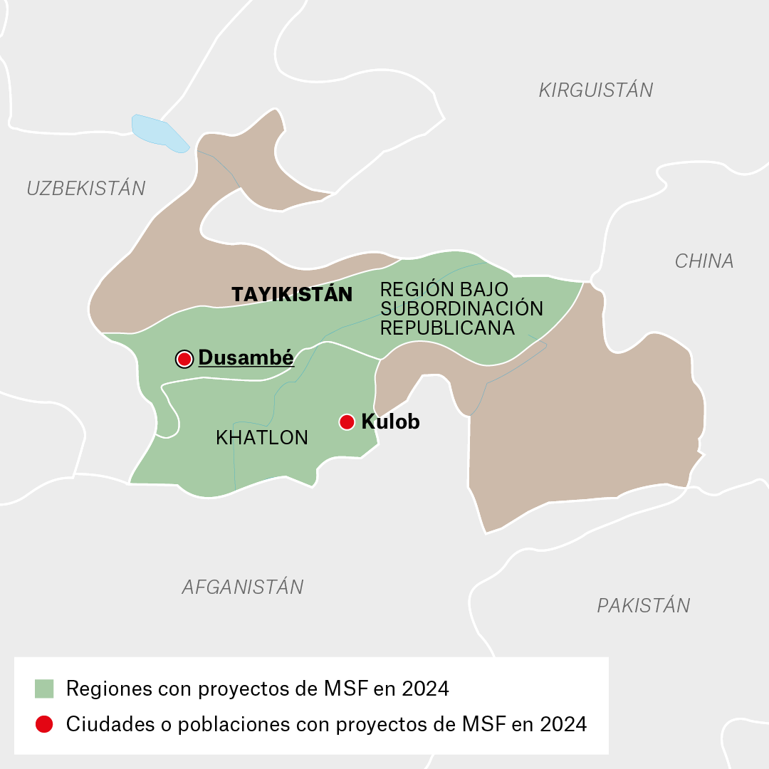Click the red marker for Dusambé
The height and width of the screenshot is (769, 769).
[x=184, y=359]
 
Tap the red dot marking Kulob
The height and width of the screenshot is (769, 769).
[x=347, y=422]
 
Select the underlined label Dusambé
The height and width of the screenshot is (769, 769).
[x=246, y=358]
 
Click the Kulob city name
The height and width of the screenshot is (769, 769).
[x=390, y=422]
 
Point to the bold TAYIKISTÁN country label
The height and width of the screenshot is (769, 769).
[x=292, y=295]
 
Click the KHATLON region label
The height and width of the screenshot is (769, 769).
[x=261, y=438]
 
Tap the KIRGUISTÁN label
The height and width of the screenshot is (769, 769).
[x=595, y=90]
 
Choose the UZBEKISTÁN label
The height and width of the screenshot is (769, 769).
[x=86, y=189]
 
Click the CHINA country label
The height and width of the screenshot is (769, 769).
[x=703, y=261]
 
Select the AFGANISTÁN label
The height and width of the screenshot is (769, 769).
[x=243, y=587]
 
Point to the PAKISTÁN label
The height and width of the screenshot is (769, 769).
[x=643, y=606]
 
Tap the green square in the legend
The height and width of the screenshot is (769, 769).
[x=44, y=689]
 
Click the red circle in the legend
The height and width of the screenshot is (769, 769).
[x=44, y=725]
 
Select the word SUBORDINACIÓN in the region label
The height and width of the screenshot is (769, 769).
[x=461, y=309]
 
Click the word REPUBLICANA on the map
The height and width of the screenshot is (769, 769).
[x=447, y=328]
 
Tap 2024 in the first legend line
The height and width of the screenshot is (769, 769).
[x=425, y=689]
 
